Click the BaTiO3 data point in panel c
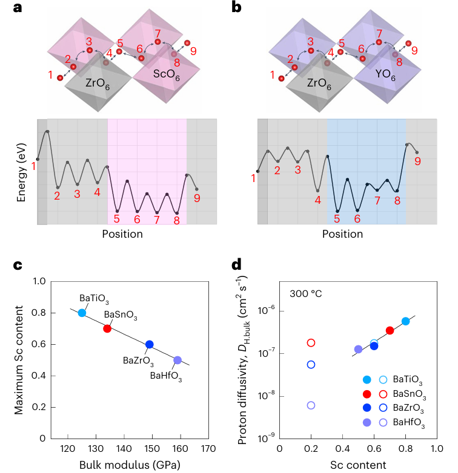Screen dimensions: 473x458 point(82,313)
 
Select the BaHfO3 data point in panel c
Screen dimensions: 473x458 point(178,360)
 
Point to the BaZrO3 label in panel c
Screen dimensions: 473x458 point(138,361)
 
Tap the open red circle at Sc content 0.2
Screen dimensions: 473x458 point(311,343)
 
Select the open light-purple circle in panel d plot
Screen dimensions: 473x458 point(311,405)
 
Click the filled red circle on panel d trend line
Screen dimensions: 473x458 point(390,330)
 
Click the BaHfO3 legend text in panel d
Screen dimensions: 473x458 point(410,425)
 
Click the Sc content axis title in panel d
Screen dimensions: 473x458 point(357,465)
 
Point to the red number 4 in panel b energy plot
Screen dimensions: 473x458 point(317,200)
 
